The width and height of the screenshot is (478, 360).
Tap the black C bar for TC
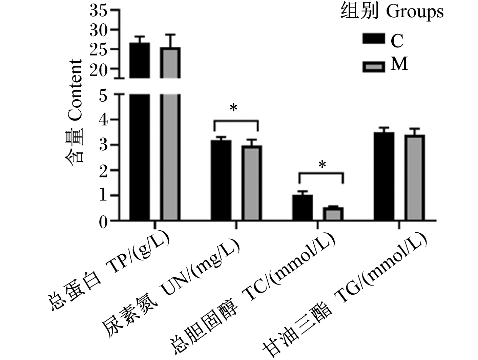[303, 207]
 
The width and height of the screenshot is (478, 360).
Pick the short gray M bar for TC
[333, 214]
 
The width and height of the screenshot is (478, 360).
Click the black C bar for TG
[384, 176]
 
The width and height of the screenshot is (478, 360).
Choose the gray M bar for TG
[415, 177]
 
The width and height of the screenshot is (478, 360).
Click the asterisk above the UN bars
[234, 108]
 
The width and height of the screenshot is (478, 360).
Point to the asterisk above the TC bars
[322, 165]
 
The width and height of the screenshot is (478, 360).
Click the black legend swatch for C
[374, 39]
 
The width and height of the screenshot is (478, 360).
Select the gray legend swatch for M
[374, 67]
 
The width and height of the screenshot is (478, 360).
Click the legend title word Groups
[415, 13]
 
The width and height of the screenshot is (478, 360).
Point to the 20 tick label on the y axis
[99, 69]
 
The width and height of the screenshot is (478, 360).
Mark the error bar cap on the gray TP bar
[170, 35]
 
